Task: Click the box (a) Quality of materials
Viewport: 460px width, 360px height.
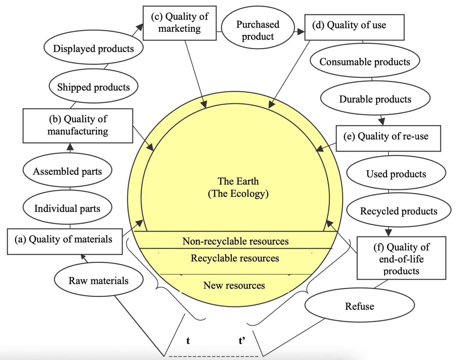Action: tap(65, 241)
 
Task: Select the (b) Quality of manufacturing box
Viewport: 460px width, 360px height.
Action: tap(78, 126)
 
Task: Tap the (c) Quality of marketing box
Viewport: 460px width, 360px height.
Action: tap(180, 23)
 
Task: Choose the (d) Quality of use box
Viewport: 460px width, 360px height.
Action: tap(354, 27)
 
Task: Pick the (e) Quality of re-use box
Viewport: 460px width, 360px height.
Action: tap(388, 138)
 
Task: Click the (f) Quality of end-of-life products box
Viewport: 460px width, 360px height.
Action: tap(401, 258)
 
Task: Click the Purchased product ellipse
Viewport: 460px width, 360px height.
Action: tap(258, 30)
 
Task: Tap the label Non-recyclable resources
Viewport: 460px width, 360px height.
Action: tap(235, 241)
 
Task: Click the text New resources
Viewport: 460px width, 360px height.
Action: tap(234, 285)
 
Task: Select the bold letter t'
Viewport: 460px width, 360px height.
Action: tap(242, 341)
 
